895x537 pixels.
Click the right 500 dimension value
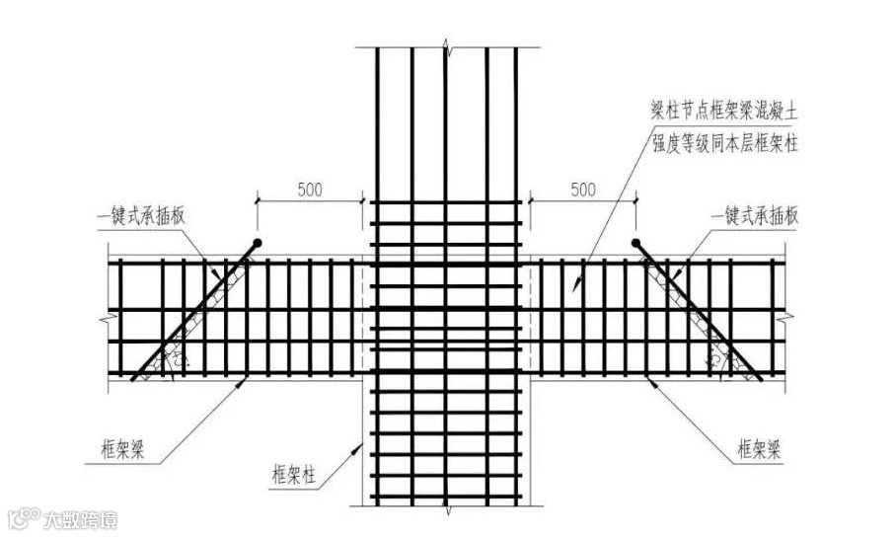coord(583,189)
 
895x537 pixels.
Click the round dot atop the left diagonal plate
coord(256,242)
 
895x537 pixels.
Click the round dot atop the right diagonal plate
coord(636,242)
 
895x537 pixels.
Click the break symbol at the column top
coord(446,46)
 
